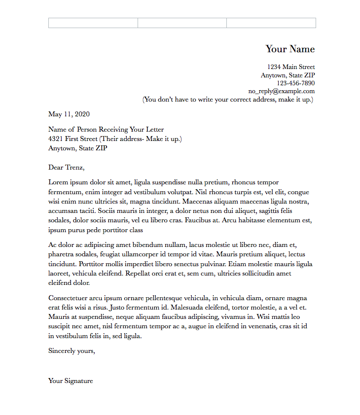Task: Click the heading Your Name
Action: coord(290,49)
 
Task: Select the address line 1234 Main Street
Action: coord(291,67)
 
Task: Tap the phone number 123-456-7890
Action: coord(295,83)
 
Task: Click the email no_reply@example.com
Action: coord(281,91)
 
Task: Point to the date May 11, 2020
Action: coord(69,114)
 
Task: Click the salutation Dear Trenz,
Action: coord(67,168)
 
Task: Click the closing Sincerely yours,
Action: coord(72,351)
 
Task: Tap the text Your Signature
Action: coord(71,380)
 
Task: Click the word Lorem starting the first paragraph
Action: coord(58,182)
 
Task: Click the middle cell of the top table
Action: coord(182,23)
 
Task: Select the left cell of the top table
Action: coord(93,23)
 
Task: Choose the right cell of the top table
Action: coord(271,23)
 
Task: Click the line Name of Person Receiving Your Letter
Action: coord(106,130)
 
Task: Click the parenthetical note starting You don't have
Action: coord(228,100)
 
